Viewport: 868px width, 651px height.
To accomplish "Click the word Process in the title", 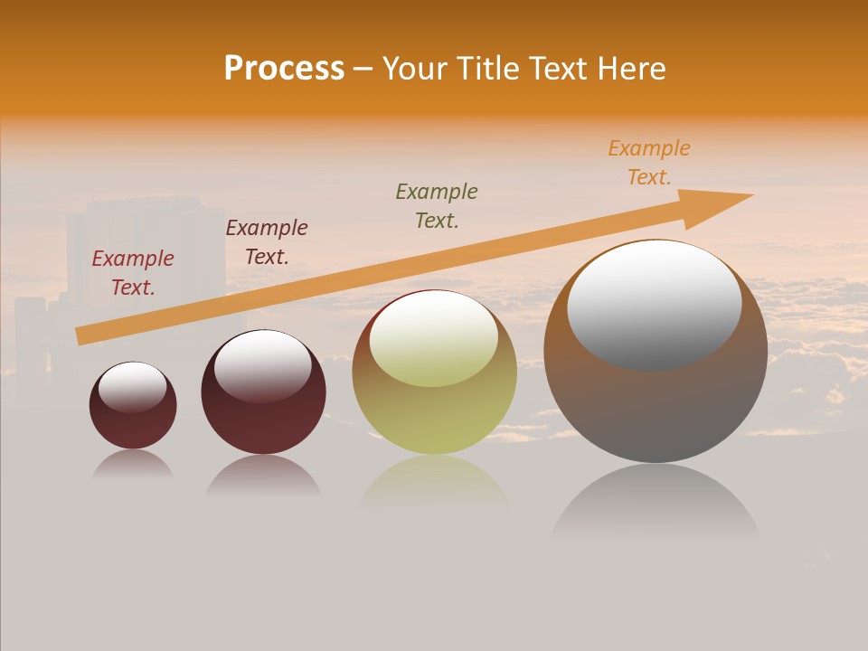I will click(284, 69).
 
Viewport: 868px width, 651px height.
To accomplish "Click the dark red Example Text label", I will click(133, 273).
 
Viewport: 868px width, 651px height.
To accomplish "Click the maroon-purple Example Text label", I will click(267, 242).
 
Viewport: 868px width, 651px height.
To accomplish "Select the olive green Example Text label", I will click(437, 206).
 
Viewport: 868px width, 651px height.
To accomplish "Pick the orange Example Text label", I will click(649, 163).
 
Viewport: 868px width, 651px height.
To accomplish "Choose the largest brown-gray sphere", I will click(656, 407).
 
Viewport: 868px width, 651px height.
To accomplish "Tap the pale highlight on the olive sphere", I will click(434, 339).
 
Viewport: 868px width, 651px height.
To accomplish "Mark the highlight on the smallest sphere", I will click(133, 387).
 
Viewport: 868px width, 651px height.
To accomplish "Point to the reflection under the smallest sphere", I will click(133, 465).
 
